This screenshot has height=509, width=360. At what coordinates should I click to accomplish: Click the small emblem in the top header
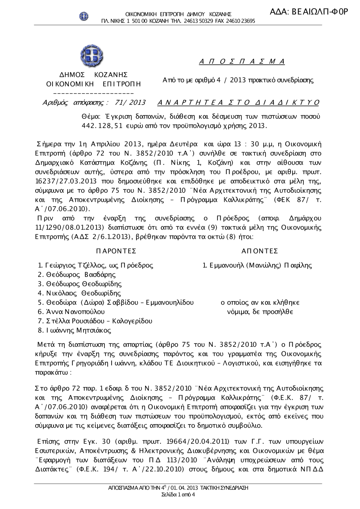pos(84,16)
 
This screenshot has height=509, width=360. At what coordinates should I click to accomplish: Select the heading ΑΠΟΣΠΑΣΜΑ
pos(242,62)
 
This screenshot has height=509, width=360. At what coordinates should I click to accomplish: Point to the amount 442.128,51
pos(103,126)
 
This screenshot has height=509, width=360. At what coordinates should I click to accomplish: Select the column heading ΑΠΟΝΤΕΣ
pos(260,251)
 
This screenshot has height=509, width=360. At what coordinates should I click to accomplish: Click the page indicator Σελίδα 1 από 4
pos(179,494)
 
